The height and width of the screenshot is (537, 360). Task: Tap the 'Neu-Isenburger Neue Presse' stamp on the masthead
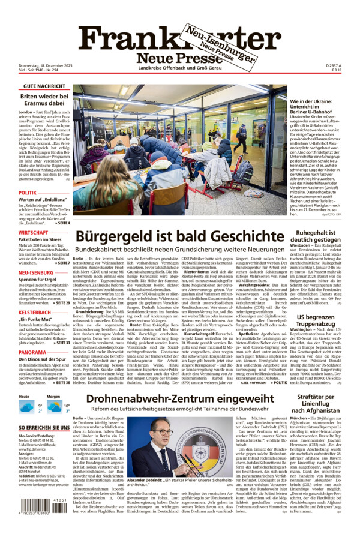click(x=219, y=45)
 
